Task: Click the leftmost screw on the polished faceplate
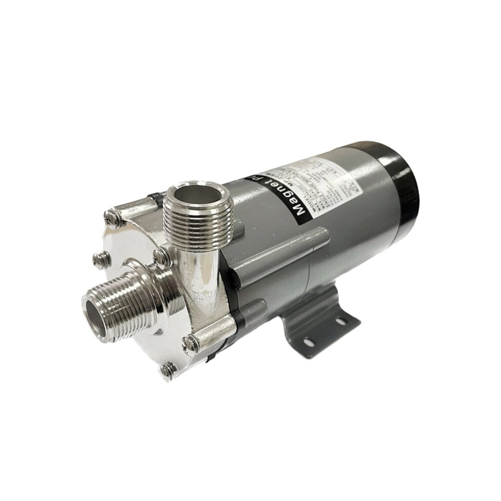click(x=101, y=259)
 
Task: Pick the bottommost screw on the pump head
click(x=167, y=370)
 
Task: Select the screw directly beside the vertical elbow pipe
click(x=162, y=257)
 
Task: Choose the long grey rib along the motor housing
click(x=281, y=245)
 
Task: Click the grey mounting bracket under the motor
click(x=321, y=321)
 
